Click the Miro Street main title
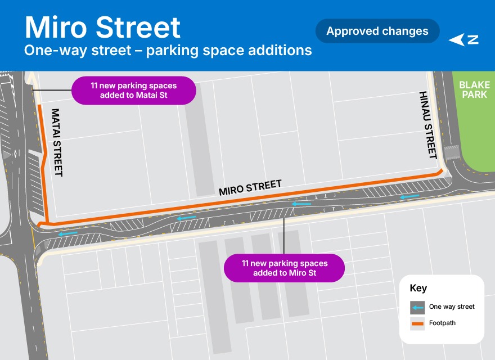(102, 27)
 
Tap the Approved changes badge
(377, 31)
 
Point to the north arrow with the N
(464, 40)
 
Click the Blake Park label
(474, 89)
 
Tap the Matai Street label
(56, 142)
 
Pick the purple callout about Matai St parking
(133, 91)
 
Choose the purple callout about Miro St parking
(284, 268)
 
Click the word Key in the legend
(418, 289)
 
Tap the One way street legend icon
(417, 307)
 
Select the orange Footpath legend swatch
(417, 323)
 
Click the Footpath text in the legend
(442, 323)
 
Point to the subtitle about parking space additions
(168, 50)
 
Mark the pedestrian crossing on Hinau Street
(452, 152)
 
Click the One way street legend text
(452, 307)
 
